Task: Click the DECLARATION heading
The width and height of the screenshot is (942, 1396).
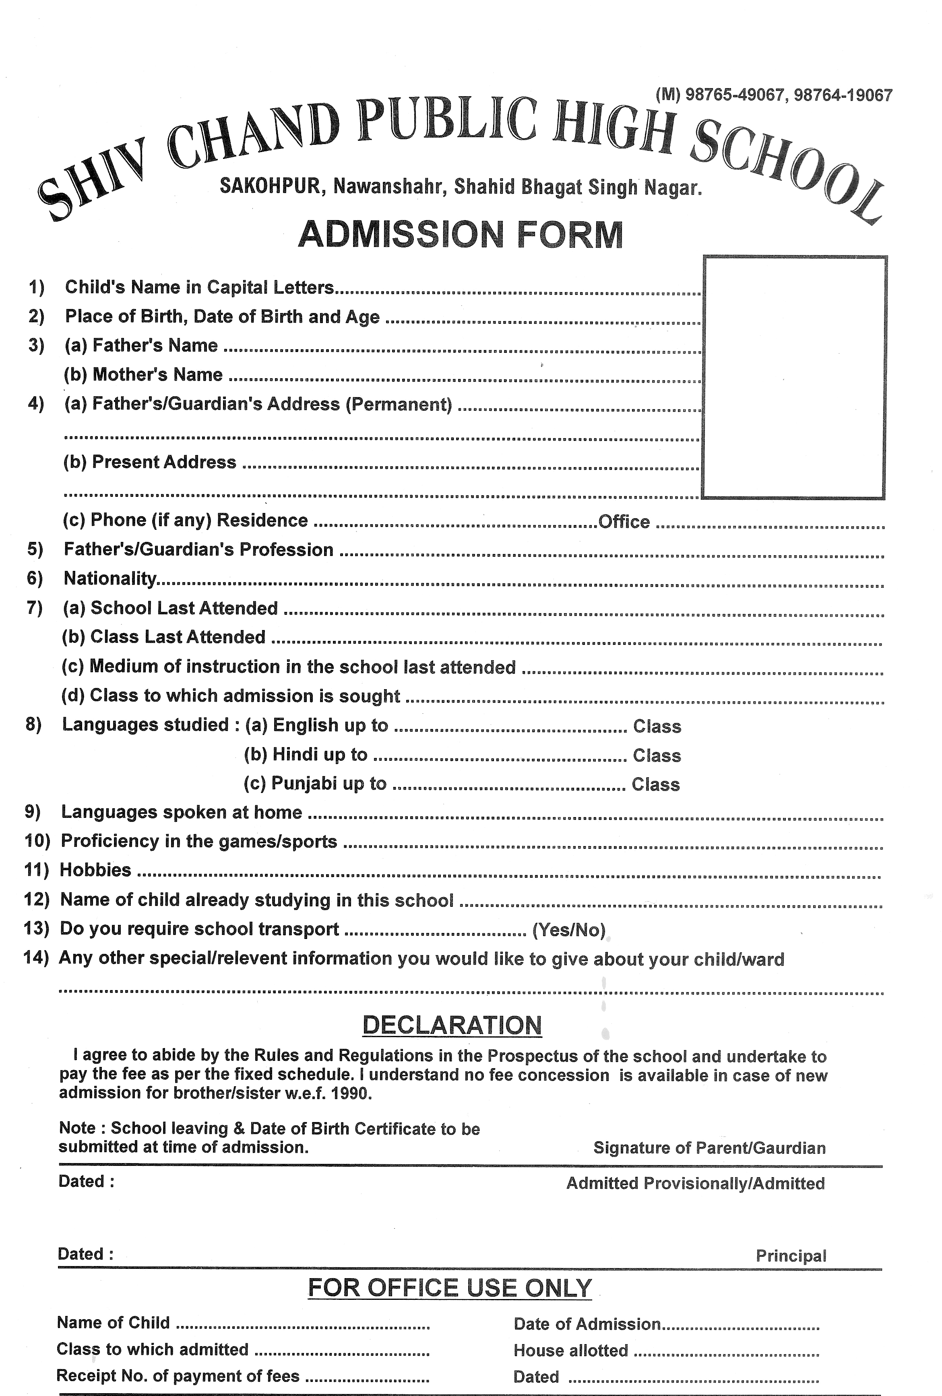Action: [x=452, y=1025]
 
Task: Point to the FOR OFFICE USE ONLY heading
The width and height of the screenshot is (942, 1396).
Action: [x=449, y=1288]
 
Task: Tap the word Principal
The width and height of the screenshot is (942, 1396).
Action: [x=791, y=1256]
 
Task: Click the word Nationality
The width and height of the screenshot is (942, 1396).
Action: [x=110, y=578]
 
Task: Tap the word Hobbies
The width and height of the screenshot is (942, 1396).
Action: [x=95, y=870]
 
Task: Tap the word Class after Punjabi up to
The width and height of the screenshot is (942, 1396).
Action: [x=655, y=785]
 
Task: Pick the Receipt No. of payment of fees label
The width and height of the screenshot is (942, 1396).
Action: [x=178, y=1375]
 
